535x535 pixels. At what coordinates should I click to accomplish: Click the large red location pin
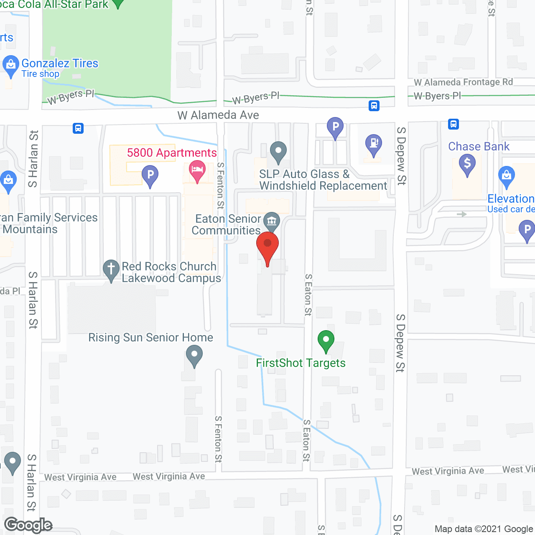[267, 247]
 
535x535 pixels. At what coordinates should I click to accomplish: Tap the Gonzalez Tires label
[60, 64]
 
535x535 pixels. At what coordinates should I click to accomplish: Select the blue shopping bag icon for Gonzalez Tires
[10, 65]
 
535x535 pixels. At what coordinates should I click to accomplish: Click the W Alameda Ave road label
[218, 115]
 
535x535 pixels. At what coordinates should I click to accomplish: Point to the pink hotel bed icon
[197, 170]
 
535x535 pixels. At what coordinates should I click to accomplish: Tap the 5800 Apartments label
[172, 153]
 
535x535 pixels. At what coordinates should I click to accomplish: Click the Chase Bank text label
[479, 146]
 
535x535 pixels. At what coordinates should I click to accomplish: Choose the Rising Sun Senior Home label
[150, 337]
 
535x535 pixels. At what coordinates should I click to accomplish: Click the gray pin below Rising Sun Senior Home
[194, 357]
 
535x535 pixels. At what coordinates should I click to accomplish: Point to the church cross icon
[111, 269]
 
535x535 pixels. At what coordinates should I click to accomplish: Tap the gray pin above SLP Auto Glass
[278, 151]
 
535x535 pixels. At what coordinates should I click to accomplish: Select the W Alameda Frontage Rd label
[463, 82]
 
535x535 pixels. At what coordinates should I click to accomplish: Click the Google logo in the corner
[28, 525]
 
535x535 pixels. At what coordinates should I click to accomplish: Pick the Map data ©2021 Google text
[484, 529]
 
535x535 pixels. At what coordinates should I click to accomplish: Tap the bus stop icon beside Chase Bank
[453, 124]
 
